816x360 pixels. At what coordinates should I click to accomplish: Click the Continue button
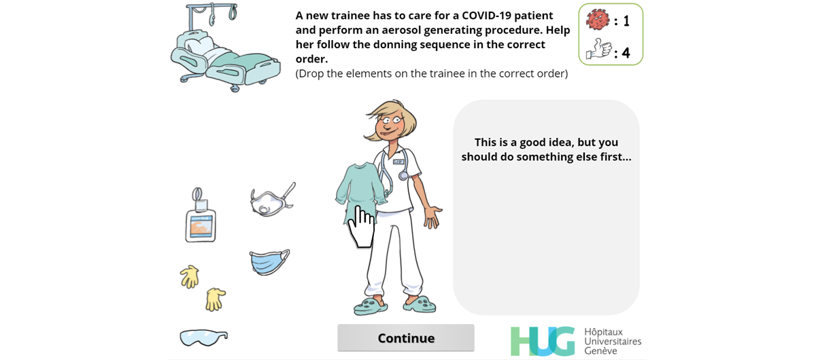tap(406, 338)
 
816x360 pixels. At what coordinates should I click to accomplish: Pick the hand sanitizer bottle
tap(200, 215)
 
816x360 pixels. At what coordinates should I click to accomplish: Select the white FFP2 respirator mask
tap(273, 200)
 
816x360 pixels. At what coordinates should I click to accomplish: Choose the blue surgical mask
tap(269, 262)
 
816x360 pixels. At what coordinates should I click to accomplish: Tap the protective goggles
tap(203, 338)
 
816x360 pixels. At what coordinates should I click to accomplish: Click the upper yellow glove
tap(190, 276)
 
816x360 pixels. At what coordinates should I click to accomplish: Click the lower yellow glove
tap(216, 300)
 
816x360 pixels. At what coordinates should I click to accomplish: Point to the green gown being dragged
tap(360, 190)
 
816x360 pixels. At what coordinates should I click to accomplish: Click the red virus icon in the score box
tap(598, 19)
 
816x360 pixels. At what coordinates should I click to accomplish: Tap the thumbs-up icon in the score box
tap(598, 49)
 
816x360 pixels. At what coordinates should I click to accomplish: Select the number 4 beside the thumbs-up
tap(626, 53)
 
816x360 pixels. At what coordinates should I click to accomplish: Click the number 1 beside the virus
tap(626, 21)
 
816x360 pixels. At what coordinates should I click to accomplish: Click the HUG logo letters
tap(543, 341)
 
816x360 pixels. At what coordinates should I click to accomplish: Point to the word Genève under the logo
tap(600, 351)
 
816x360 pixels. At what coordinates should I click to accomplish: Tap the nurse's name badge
tap(398, 162)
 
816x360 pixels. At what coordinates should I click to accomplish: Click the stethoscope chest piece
tap(403, 176)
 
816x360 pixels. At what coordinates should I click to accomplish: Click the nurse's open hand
tap(432, 217)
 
